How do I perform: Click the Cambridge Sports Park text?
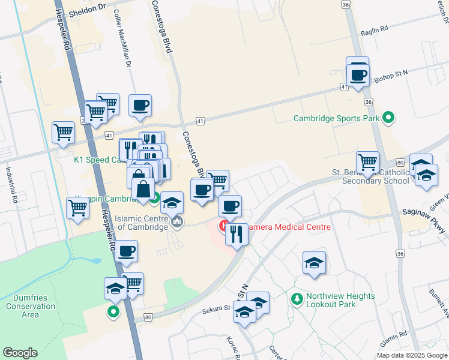click(336, 118)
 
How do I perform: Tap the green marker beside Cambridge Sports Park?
click(388, 118)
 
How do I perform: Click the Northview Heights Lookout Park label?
click(340, 300)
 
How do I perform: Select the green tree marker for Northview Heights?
click(296, 298)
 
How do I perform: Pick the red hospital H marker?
click(223, 227)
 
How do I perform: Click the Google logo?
click(20, 353)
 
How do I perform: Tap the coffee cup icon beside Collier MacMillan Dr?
click(140, 106)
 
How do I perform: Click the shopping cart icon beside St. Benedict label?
click(367, 161)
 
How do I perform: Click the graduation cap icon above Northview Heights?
click(314, 262)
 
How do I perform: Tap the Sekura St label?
click(217, 309)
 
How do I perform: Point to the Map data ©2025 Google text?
click(412, 355)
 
